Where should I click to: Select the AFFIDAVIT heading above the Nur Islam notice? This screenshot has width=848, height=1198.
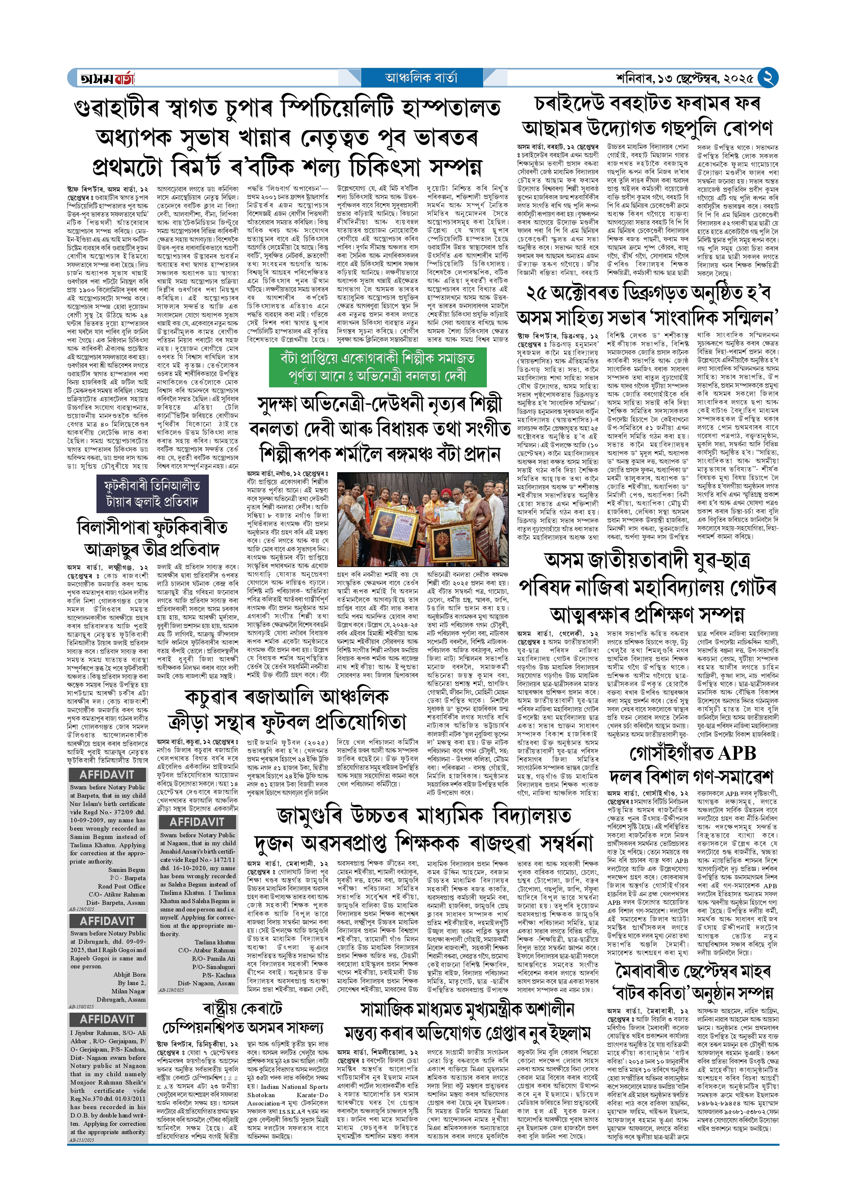pos(107,775)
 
